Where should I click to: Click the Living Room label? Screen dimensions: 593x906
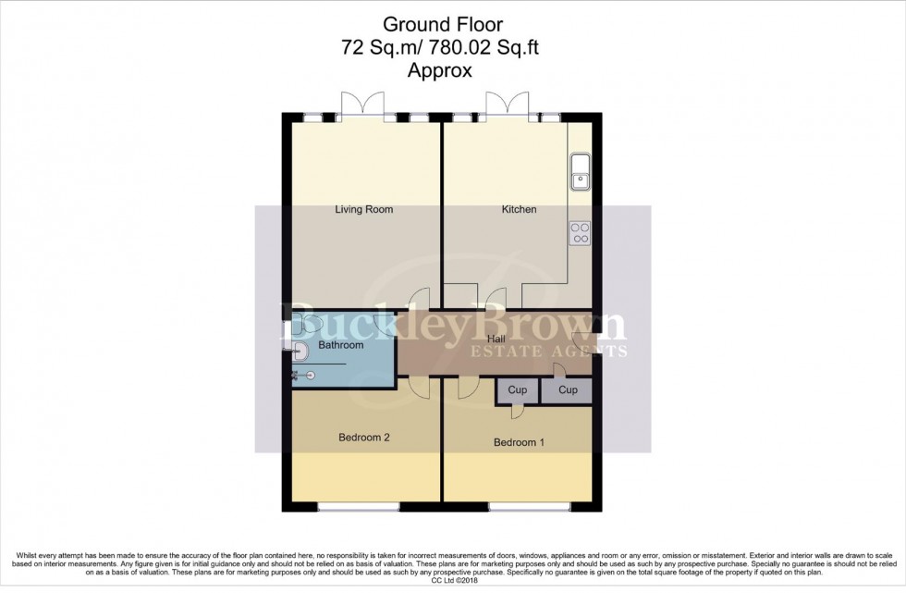click(x=363, y=210)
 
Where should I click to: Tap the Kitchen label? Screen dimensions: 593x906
click(x=519, y=210)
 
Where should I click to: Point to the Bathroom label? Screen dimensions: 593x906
click(x=340, y=346)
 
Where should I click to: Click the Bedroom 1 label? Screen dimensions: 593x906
click(x=518, y=443)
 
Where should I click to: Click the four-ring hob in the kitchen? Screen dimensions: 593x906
click(x=581, y=232)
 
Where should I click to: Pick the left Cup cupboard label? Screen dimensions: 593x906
click(x=518, y=390)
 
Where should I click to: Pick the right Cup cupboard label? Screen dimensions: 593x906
click(x=568, y=390)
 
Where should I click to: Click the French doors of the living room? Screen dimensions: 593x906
click(x=361, y=105)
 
